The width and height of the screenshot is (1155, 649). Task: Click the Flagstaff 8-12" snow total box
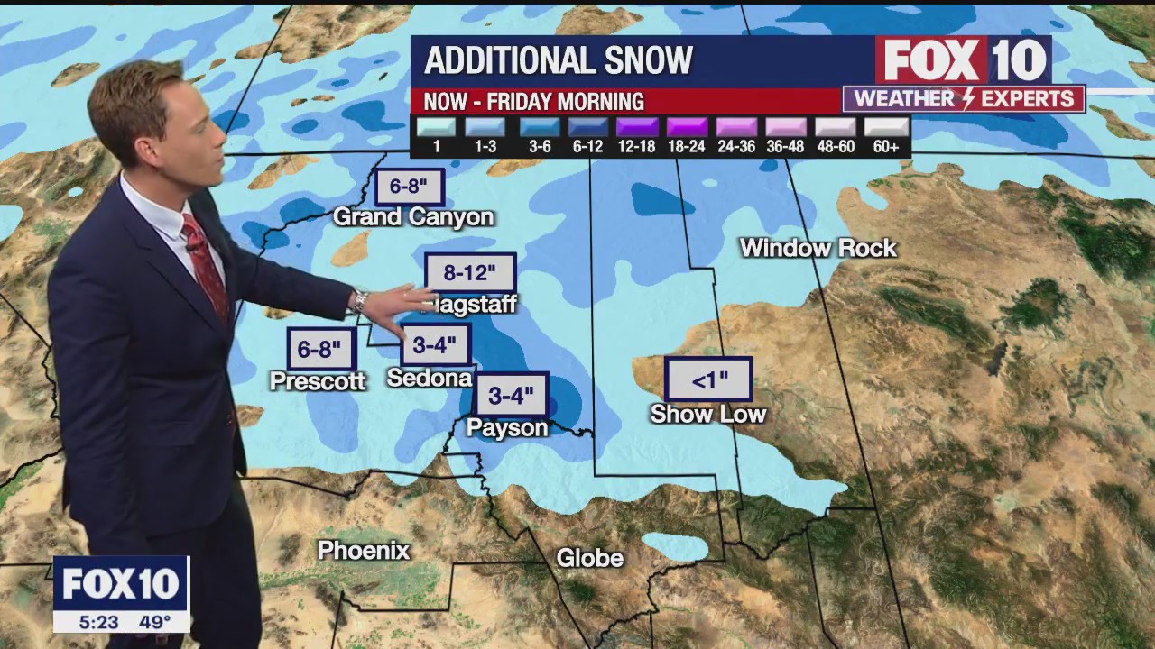tap(470, 273)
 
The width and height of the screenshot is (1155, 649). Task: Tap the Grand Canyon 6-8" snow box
tap(410, 187)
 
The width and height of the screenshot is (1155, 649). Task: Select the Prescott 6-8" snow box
tap(320, 349)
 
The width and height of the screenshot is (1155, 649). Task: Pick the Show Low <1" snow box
tap(708, 379)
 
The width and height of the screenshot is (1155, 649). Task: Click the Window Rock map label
tap(818, 248)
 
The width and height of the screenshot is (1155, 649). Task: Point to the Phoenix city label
tap(364, 550)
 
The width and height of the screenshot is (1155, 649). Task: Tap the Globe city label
tap(589, 558)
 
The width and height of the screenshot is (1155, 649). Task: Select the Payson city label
tap(507, 427)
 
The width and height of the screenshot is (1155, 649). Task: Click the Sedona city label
tap(430, 378)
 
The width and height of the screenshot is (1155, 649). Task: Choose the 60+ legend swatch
tap(886, 127)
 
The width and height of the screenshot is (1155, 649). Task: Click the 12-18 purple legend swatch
tap(637, 127)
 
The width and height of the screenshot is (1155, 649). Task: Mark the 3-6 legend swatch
tap(539, 127)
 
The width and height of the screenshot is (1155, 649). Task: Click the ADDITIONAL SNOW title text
tap(559, 60)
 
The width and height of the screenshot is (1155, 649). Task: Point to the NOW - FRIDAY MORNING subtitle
tap(534, 101)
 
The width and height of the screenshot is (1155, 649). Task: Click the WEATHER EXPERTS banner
tap(964, 98)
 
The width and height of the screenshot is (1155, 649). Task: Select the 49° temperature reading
tap(154, 622)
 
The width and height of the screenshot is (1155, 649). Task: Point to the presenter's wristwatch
tap(361, 300)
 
